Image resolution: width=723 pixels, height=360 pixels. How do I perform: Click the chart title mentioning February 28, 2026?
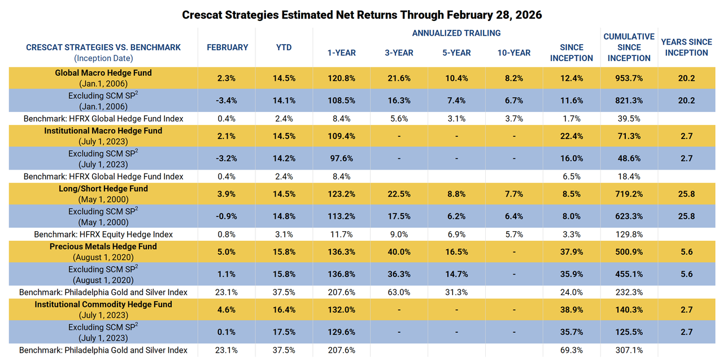[361, 15]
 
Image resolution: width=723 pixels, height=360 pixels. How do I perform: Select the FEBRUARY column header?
[227, 47]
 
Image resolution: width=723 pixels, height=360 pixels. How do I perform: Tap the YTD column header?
[284, 47]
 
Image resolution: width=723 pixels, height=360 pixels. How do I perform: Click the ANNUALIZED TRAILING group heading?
[456, 33]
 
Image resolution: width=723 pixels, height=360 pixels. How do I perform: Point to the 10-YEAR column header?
[513, 53]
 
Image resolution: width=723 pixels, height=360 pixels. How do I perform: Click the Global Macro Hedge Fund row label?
[103, 73]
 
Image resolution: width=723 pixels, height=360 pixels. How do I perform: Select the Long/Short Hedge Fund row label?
[103, 189]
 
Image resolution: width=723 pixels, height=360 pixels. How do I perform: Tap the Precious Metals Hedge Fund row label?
[103, 246]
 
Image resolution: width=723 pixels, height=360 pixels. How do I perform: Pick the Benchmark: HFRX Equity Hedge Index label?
[103, 234]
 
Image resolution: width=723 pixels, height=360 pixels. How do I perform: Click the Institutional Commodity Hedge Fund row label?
[103, 304]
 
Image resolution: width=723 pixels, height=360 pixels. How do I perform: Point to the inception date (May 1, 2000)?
[103, 199]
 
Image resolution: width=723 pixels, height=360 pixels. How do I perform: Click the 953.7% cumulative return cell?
[629, 79]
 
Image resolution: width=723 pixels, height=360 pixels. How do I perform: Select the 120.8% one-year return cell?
[342, 79]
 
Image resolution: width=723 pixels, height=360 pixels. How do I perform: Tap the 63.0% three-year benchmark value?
[399, 292]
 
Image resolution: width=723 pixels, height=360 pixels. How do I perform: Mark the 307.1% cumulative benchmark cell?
[629, 350]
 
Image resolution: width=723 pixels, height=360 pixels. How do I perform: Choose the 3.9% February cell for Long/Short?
[227, 194]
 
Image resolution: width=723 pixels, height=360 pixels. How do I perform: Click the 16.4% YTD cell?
[284, 310]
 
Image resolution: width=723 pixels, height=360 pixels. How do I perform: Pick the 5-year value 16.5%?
[456, 252]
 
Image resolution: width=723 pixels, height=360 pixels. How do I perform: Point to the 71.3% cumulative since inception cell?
[629, 136]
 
